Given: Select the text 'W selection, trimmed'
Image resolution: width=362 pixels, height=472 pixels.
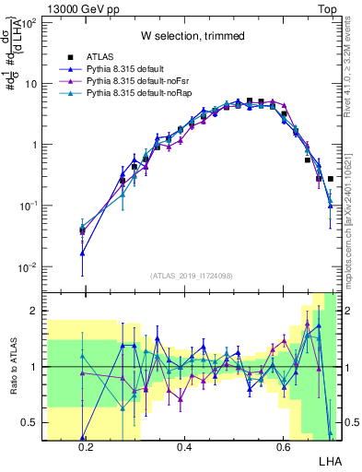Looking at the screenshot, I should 193,37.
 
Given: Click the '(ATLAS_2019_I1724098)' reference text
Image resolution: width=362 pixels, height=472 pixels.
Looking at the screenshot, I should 192,276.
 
